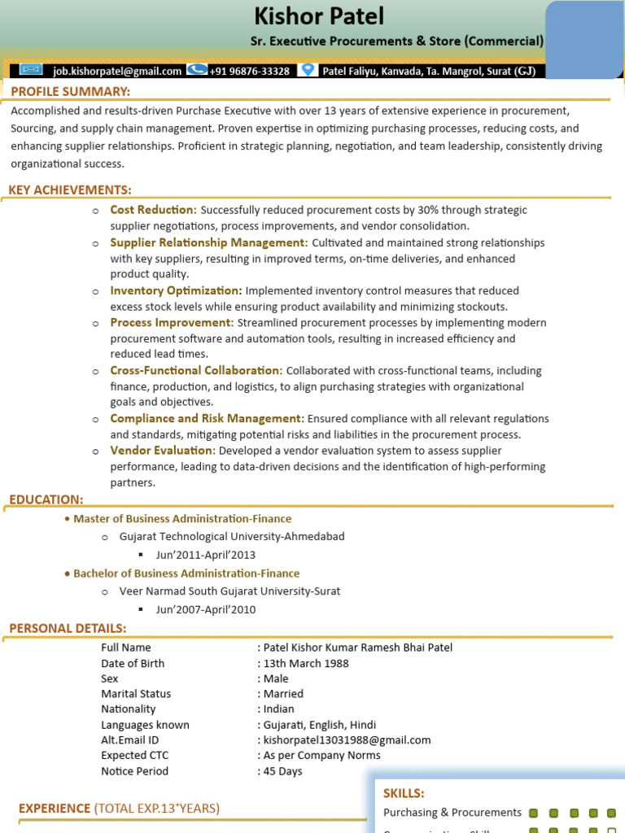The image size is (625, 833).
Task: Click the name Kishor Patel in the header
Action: tap(319, 16)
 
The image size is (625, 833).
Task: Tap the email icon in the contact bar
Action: tap(30, 70)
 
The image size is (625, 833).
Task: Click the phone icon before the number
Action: tap(196, 70)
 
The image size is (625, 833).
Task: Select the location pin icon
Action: tap(307, 70)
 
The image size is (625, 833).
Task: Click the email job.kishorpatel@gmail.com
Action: tap(117, 71)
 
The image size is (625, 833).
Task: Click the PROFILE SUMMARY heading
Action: tap(71, 91)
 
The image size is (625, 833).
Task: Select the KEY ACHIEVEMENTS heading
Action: tap(70, 190)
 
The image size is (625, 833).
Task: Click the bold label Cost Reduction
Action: tap(153, 210)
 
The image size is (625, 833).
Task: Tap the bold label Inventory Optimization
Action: tap(176, 290)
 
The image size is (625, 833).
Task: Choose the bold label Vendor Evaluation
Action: tap(163, 450)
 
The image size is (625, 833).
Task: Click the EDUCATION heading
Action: tap(46, 499)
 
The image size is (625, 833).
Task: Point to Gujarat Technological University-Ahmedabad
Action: tap(232, 536)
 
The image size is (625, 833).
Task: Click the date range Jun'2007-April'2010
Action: tap(206, 609)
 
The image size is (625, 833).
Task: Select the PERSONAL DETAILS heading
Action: tap(68, 628)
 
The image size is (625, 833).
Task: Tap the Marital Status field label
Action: tap(136, 694)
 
